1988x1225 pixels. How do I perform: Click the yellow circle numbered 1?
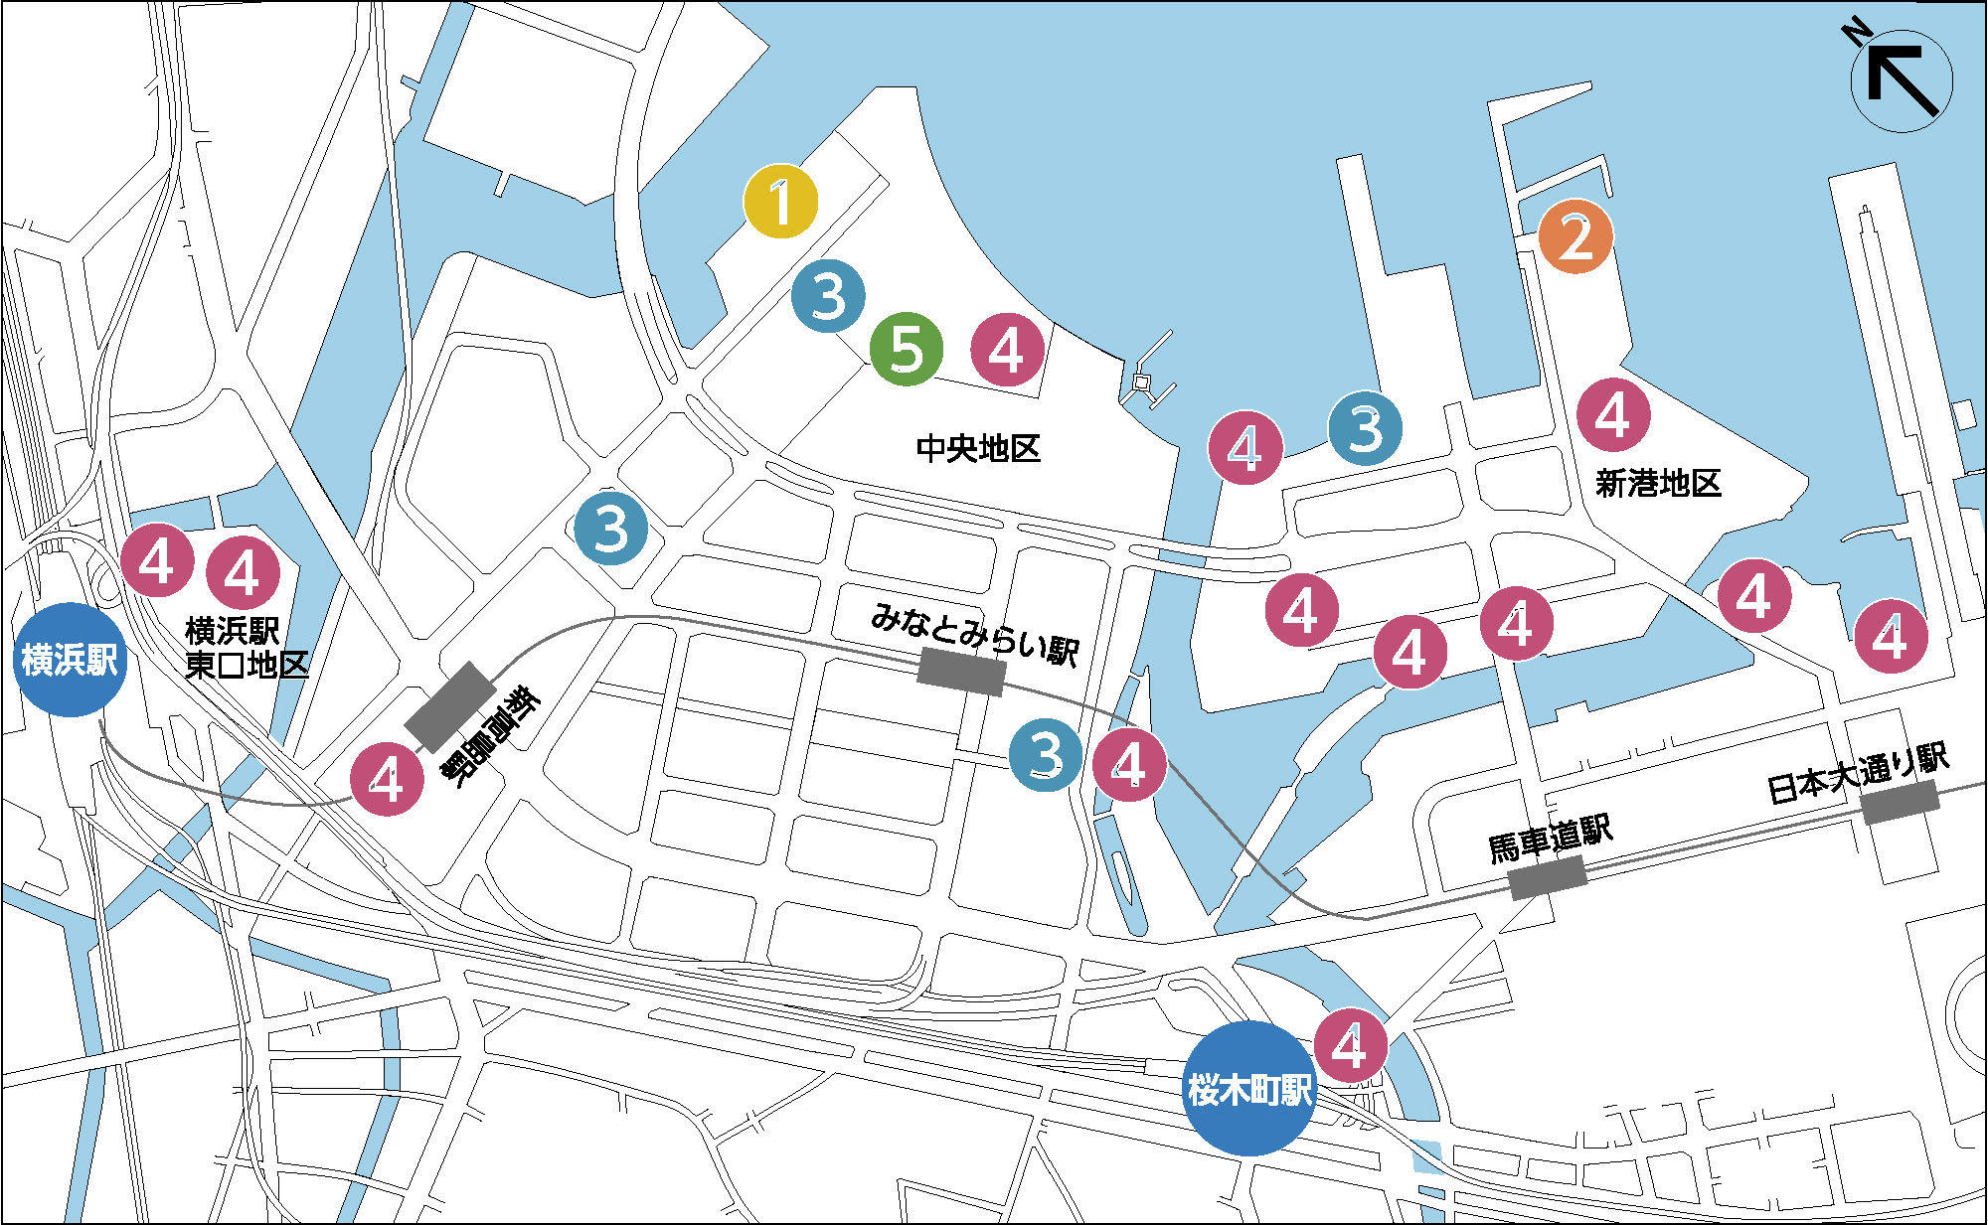coord(781,202)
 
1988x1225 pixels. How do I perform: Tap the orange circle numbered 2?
coord(1575,236)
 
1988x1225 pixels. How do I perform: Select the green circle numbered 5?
coord(906,348)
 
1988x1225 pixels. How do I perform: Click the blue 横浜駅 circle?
coord(69,660)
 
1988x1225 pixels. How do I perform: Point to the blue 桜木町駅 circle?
coord(1249,1089)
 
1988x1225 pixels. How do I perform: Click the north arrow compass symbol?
coord(1901,81)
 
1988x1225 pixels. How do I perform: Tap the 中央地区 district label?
coord(977,449)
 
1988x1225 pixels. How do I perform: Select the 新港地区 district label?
coord(1657,484)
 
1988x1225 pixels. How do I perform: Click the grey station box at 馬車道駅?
coord(1547,877)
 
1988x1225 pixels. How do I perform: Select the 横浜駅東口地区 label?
coord(246,647)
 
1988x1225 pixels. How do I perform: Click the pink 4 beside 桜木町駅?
coord(1351,1044)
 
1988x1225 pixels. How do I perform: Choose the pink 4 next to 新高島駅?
coord(387,779)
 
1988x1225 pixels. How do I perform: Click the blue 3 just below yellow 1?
coord(828,295)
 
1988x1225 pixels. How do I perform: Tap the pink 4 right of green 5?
coord(1007,349)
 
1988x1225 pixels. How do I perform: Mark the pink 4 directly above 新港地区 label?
coord(1612,415)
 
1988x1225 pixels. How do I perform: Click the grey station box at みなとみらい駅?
coord(960,671)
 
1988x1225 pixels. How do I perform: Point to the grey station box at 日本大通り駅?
coord(1900,802)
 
